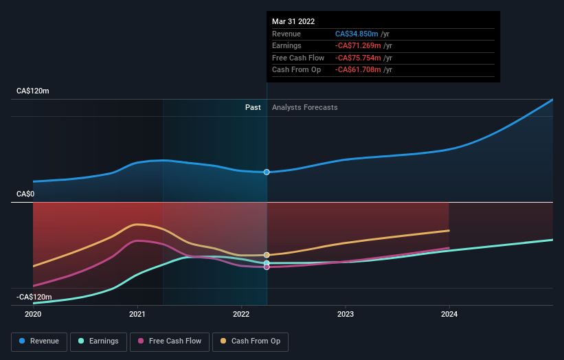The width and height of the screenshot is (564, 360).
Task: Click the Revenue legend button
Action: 40,341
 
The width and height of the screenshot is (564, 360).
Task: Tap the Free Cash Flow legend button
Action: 170,341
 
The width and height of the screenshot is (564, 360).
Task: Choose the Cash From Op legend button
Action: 250,341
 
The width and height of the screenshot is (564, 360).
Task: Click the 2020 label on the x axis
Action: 33,315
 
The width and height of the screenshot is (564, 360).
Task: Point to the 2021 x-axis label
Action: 137,315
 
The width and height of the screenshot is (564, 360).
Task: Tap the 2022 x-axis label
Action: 241,315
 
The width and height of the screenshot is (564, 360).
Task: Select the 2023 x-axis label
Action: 346,315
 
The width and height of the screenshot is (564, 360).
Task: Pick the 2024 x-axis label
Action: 449,315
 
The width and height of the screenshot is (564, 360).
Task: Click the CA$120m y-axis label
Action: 33,91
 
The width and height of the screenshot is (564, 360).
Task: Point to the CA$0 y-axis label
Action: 25,194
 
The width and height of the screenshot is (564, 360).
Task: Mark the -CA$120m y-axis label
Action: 34,297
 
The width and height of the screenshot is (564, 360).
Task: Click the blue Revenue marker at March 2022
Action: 267,172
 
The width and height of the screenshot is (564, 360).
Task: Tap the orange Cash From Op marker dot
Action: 267,255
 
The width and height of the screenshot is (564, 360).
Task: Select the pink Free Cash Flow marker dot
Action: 267,267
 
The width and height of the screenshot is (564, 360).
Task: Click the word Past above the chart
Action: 253,107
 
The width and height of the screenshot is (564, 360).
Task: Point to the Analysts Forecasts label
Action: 304,107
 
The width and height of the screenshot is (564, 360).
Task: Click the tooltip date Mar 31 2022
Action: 293,21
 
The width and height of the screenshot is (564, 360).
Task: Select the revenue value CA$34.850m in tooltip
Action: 358,34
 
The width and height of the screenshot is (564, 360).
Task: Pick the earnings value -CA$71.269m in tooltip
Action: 358,45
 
